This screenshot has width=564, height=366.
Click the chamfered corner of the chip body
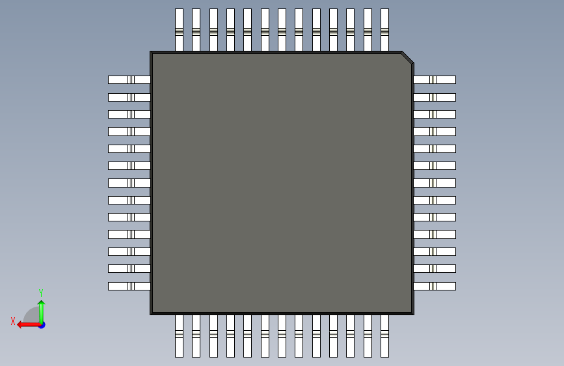point(407,57)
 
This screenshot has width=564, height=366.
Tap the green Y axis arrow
point(41,309)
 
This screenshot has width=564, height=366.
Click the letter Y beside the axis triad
point(41,293)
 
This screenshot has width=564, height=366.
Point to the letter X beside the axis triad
point(12,321)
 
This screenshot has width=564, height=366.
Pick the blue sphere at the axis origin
point(42,324)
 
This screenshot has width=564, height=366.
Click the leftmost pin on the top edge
point(180,30)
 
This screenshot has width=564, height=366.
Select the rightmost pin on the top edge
point(384,30)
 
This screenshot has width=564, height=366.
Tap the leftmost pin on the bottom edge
point(180,335)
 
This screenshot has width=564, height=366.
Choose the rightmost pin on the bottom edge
point(384,335)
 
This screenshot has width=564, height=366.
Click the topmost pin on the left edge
point(129,79)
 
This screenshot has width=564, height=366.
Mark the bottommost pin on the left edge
point(129,286)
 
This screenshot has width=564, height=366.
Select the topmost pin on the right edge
point(435,79)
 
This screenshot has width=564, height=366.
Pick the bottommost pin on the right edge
point(435,286)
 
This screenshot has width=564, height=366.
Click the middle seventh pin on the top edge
point(282,30)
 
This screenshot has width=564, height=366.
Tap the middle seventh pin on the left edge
point(129,183)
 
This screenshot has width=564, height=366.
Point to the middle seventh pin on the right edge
point(435,183)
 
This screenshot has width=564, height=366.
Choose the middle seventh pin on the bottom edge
point(282,335)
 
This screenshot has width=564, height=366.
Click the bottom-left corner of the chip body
point(152,313)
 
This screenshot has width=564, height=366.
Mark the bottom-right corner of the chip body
point(412,313)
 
